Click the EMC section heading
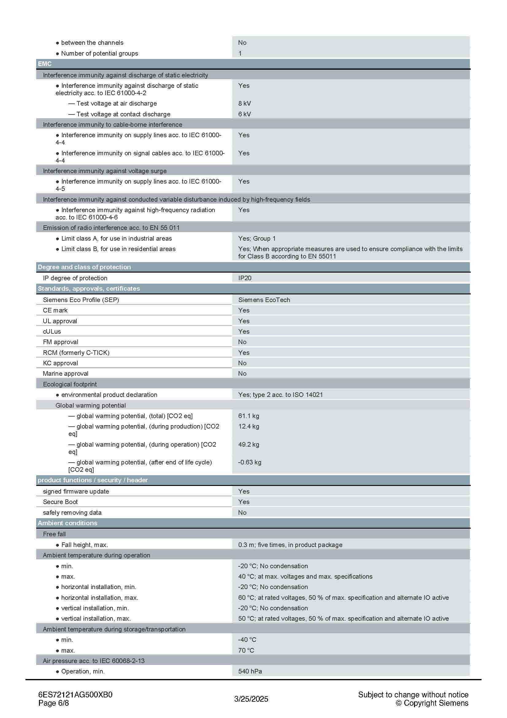(45, 64)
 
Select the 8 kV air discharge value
(244, 103)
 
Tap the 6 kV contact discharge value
(244, 114)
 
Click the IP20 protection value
(244, 278)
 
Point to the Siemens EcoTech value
(264, 300)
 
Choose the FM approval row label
(61, 342)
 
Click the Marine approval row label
(66, 373)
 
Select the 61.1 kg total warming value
(248, 416)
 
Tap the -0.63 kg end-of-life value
(249, 462)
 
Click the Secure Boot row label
(60, 502)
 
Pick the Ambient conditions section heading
(67, 523)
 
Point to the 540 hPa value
(250, 671)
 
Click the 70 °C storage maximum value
(246, 650)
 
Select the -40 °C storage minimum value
(247, 639)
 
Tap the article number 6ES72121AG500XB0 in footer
(75, 695)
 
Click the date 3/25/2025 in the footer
(251, 699)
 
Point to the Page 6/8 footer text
(53, 703)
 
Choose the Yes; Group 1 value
(256, 238)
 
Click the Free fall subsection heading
(54, 534)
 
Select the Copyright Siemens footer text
(432, 703)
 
